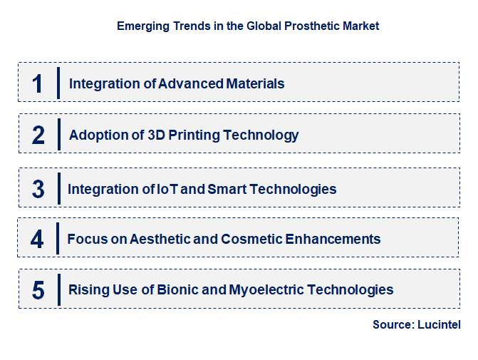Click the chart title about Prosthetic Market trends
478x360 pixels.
point(248,26)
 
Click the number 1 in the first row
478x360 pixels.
point(38,83)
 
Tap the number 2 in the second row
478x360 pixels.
point(38,135)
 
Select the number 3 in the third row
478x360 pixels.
point(38,189)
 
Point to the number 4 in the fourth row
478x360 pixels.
point(37,239)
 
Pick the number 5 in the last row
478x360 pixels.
point(38,290)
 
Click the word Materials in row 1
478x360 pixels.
point(255,83)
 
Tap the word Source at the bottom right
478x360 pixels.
point(393,325)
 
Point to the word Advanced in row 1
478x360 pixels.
point(190,83)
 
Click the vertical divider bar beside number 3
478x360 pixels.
point(58,189)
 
